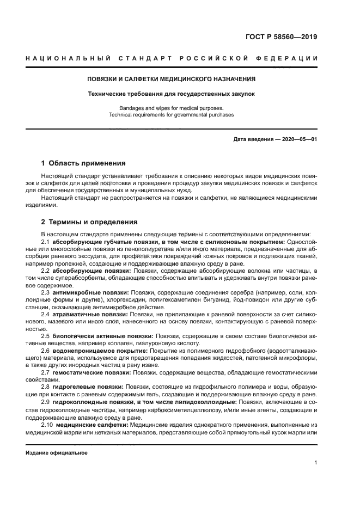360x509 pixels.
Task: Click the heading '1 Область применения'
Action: tap(84, 163)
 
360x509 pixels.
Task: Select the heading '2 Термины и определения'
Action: tap(89, 222)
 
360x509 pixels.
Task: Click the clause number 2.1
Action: tap(46, 242)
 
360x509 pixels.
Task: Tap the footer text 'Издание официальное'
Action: tap(56, 453)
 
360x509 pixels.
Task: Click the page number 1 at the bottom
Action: tap(316, 463)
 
